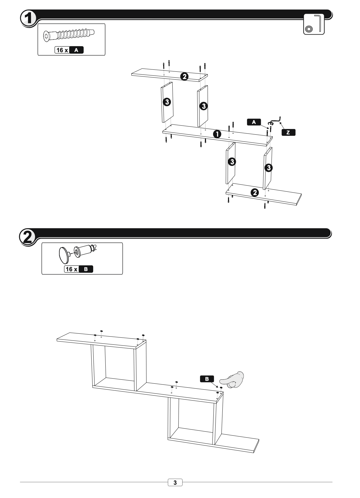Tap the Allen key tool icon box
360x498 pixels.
point(314,24)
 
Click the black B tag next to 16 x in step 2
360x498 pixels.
point(86,269)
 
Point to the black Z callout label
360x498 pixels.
point(288,132)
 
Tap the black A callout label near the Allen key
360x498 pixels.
point(254,122)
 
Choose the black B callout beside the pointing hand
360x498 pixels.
point(207,379)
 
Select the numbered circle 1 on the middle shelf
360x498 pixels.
point(217,134)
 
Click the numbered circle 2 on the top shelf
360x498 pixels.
point(184,76)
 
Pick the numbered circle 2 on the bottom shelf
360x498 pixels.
point(255,193)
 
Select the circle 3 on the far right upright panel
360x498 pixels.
point(268,168)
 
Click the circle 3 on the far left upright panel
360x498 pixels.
point(167,102)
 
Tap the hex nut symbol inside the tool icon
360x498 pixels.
point(309,29)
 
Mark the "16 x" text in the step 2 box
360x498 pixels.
point(71,269)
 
